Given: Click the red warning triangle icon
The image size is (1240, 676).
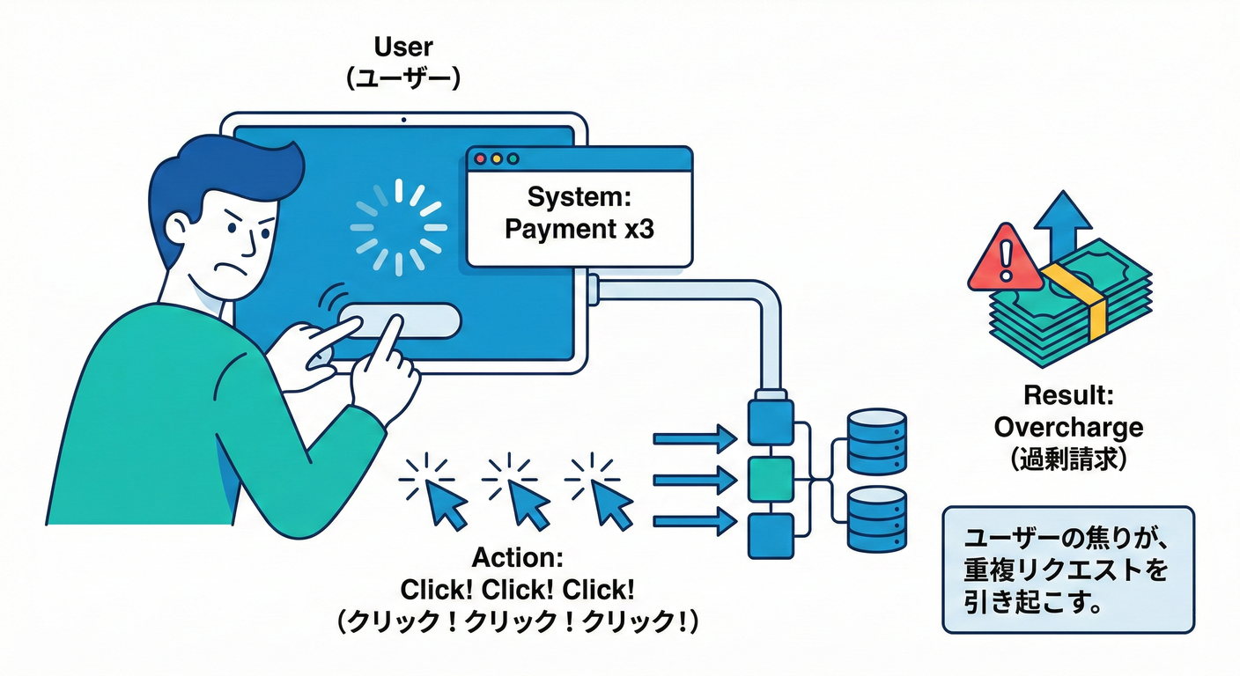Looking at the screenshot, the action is pyautogui.click(x=1005, y=260).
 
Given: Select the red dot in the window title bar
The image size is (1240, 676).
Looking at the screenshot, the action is pyautogui.click(x=480, y=158).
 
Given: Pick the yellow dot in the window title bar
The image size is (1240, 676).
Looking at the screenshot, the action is pyautogui.click(x=497, y=158).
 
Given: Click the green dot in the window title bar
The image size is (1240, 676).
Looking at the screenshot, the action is pyautogui.click(x=513, y=158).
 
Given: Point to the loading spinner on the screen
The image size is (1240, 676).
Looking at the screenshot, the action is pyautogui.click(x=399, y=227).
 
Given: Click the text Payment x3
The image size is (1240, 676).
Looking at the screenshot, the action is pyautogui.click(x=579, y=229).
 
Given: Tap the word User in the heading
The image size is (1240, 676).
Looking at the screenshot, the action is pyautogui.click(x=403, y=47).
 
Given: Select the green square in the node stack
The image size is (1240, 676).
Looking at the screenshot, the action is pyautogui.click(x=771, y=479).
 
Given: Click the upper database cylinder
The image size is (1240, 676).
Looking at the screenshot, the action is pyautogui.click(x=877, y=442).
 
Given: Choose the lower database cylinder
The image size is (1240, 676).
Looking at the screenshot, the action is pyautogui.click(x=877, y=519).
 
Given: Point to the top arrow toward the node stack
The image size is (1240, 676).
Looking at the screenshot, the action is pyautogui.click(x=695, y=439).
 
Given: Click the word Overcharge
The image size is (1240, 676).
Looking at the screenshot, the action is pyautogui.click(x=1068, y=427).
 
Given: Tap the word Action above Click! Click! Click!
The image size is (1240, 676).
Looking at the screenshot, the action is pyautogui.click(x=517, y=557).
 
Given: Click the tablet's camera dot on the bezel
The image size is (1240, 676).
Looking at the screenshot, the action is pyautogui.click(x=403, y=120).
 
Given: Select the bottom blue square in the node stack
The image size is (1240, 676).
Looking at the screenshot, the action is pyautogui.click(x=771, y=535).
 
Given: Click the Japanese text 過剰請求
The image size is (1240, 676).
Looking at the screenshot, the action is pyautogui.click(x=1068, y=459).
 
